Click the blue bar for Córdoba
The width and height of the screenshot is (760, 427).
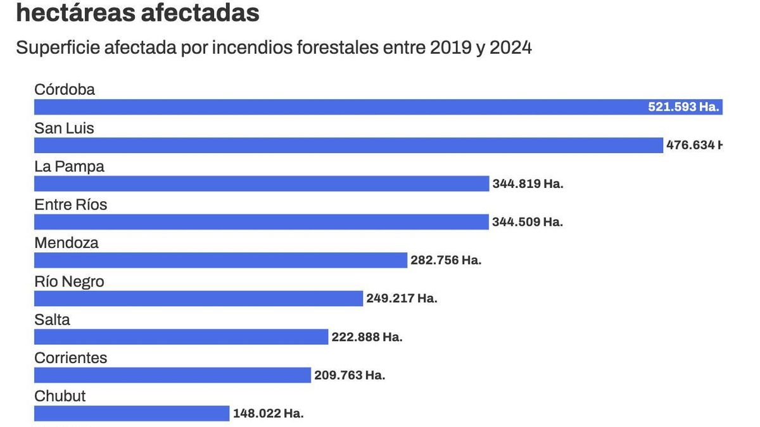(336, 107)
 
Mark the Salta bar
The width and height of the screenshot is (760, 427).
(181, 337)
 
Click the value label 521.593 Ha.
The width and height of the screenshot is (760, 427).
(683, 107)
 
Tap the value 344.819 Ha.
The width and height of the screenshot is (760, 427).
(528, 184)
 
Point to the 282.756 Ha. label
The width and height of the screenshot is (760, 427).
(446, 261)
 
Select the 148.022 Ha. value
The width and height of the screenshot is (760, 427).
(268, 414)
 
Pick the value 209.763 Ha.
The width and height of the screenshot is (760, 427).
(350, 375)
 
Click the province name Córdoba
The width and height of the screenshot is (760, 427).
(65, 90)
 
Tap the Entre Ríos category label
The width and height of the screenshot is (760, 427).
(71, 205)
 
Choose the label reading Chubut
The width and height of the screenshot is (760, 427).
(60, 396)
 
